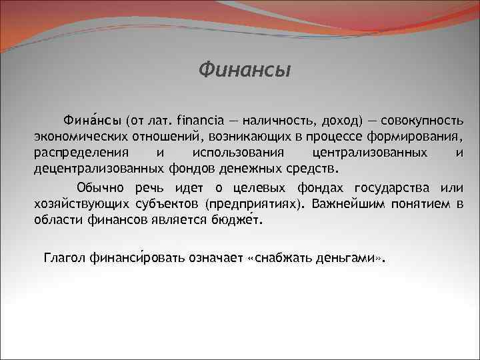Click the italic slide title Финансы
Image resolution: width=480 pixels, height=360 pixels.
pyautogui.click(x=245, y=69)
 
